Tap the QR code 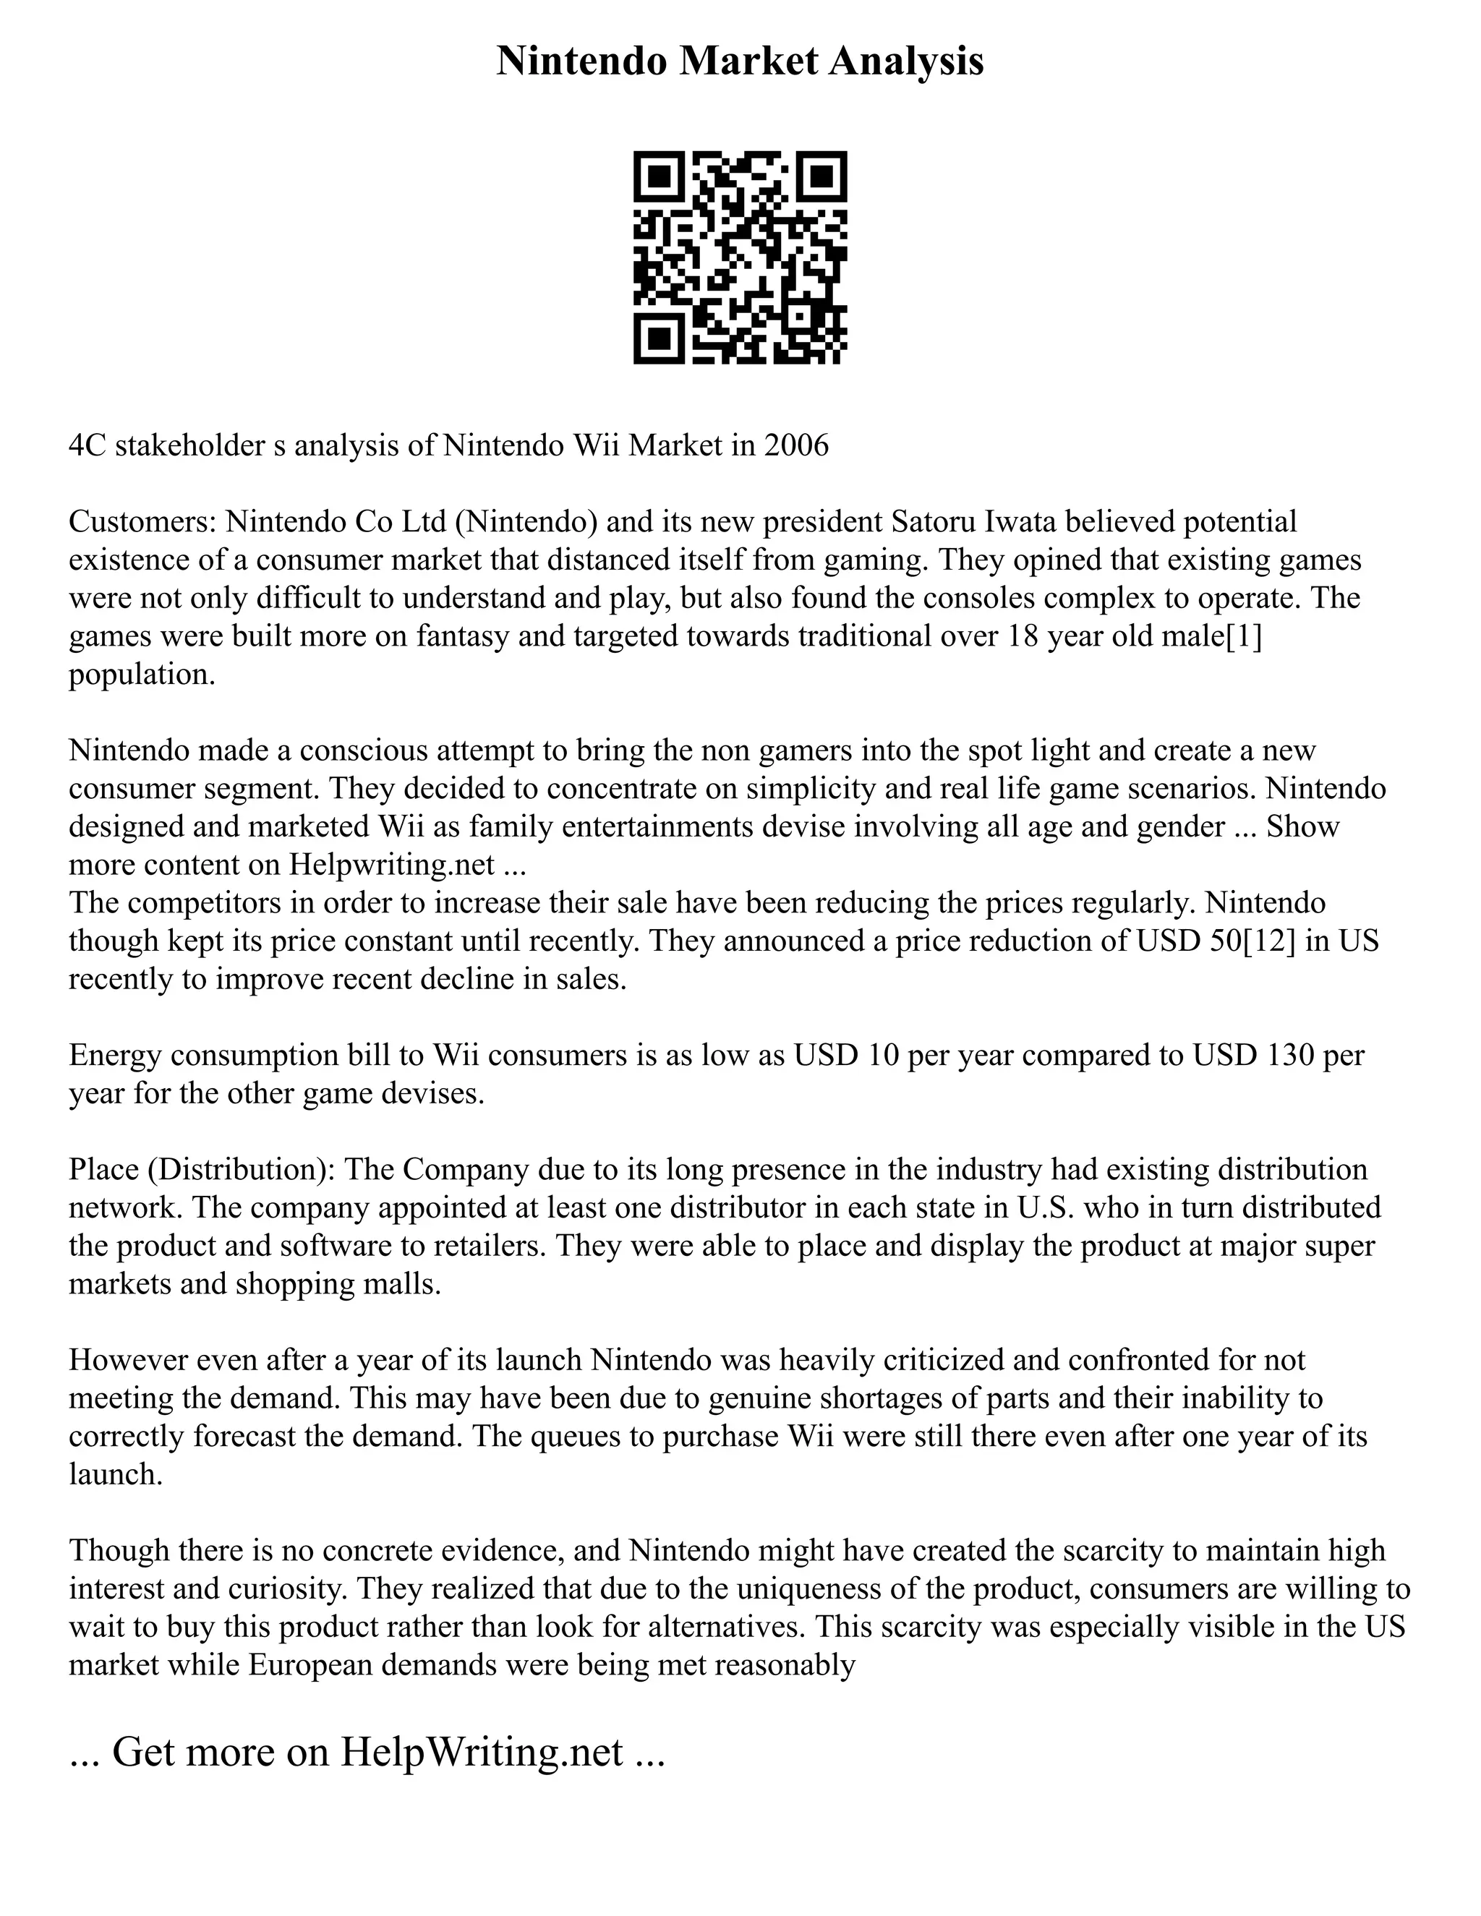click(740, 257)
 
